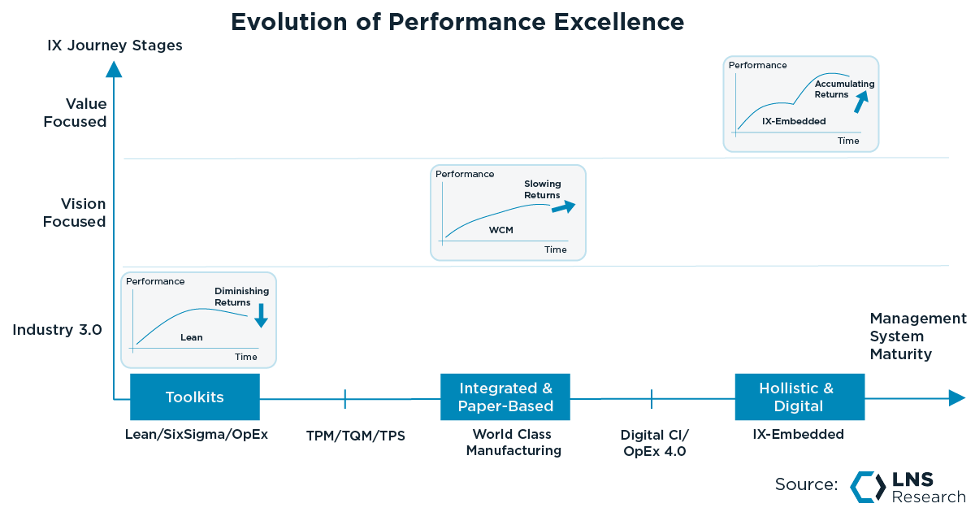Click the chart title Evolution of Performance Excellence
tap(457, 21)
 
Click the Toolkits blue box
tap(195, 397)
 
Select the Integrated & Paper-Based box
tap(505, 397)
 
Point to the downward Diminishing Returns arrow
tap(261, 315)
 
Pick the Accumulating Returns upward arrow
tap(860, 102)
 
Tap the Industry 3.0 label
tap(57, 330)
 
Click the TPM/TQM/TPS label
tap(356, 436)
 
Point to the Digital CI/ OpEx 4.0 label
tap(654, 443)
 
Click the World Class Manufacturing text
tap(513, 442)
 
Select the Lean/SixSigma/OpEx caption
tap(196, 434)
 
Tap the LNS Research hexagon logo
tap(867, 486)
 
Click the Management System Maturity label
tap(917, 336)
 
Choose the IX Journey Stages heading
tap(115, 46)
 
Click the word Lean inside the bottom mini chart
tap(192, 337)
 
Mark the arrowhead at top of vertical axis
tap(115, 69)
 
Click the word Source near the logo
tap(805, 484)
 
